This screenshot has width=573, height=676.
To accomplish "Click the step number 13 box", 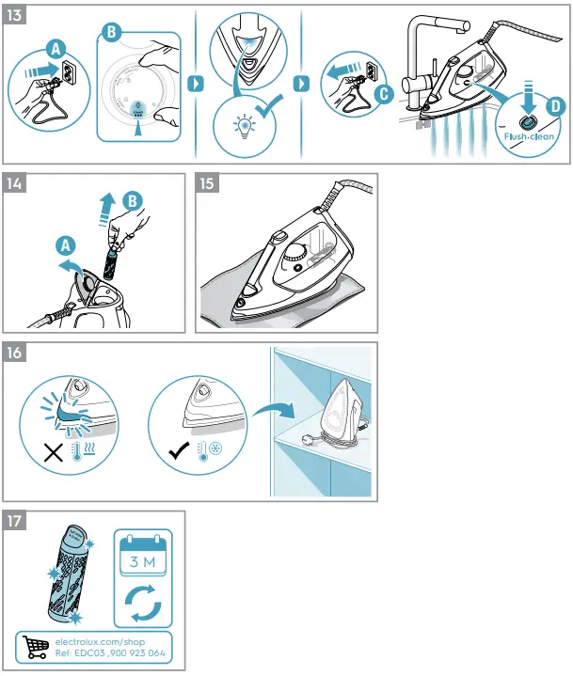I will (18, 17).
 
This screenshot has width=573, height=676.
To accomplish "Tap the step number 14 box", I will (18, 184).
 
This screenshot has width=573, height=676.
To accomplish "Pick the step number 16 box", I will (18, 354).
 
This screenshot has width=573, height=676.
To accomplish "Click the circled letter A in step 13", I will (56, 47).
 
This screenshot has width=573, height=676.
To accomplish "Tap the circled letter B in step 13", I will (111, 32).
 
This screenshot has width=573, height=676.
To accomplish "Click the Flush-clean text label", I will (529, 136).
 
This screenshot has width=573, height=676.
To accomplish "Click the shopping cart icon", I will (38, 647).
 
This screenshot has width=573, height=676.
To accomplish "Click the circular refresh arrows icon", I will (144, 604).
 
